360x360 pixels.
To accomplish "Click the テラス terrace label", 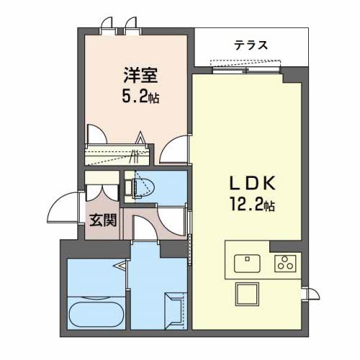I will pyautogui.click(x=251, y=45).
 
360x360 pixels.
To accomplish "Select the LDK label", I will pyautogui.click(x=250, y=183).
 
